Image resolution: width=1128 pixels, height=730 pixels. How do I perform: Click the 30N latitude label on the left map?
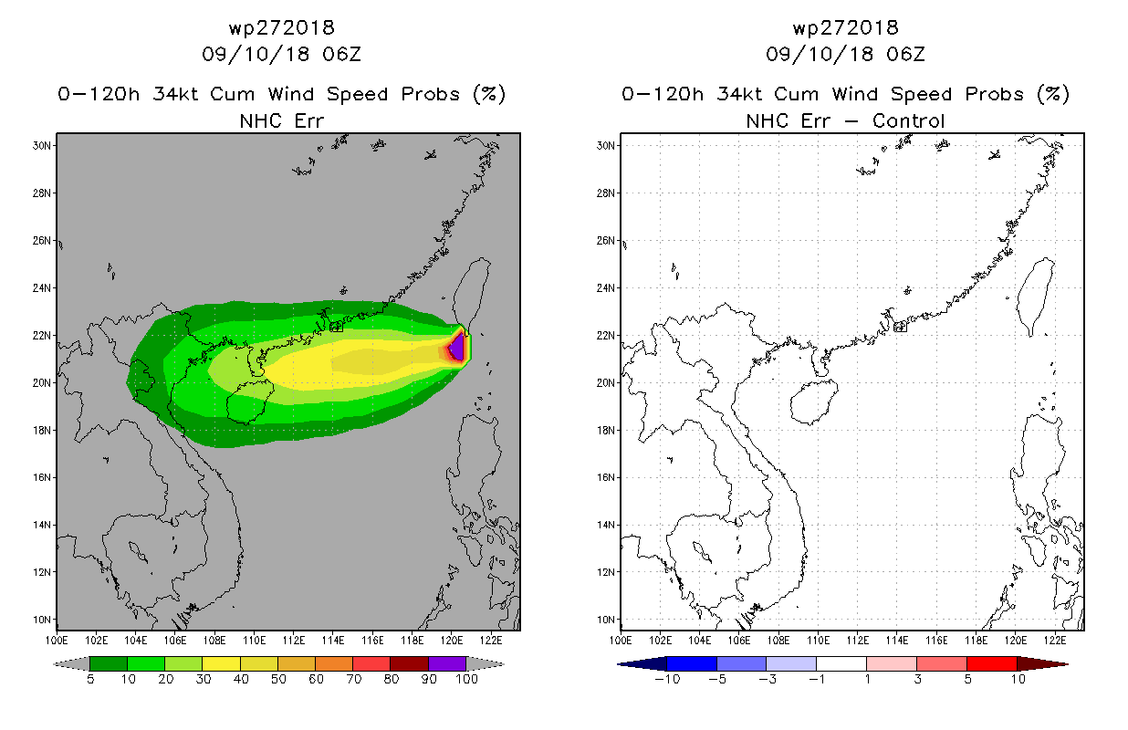click(42, 145)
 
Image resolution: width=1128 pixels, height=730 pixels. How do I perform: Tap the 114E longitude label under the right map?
click(896, 641)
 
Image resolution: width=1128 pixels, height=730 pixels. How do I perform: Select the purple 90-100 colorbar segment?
click(447, 663)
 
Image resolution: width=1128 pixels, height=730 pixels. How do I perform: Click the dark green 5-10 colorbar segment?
click(109, 663)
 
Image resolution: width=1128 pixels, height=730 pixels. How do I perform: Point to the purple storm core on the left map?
click(457, 348)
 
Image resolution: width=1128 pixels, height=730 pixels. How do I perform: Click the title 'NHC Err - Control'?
click(845, 120)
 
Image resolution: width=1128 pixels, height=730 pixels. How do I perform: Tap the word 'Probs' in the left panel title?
click(431, 94)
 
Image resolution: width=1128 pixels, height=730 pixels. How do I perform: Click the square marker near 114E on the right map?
click(900, 327)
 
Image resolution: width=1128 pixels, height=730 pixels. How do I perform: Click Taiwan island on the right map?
click(1035, 295)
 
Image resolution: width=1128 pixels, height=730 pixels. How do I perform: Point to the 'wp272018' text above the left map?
click(282, 27)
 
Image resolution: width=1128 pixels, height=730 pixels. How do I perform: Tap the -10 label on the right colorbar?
click(667, 679)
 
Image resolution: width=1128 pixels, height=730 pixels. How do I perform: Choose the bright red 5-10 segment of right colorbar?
click(992, 663)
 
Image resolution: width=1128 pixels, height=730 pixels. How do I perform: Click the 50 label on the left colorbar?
click(278, 679)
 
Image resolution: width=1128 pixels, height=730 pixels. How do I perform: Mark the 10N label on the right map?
click(606, 620)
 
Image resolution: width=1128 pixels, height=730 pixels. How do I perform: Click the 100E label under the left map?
click(57, 641)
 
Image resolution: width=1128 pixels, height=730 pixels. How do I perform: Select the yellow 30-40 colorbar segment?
click(222, 663)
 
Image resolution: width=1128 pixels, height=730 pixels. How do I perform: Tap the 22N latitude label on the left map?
click(42, 335)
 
